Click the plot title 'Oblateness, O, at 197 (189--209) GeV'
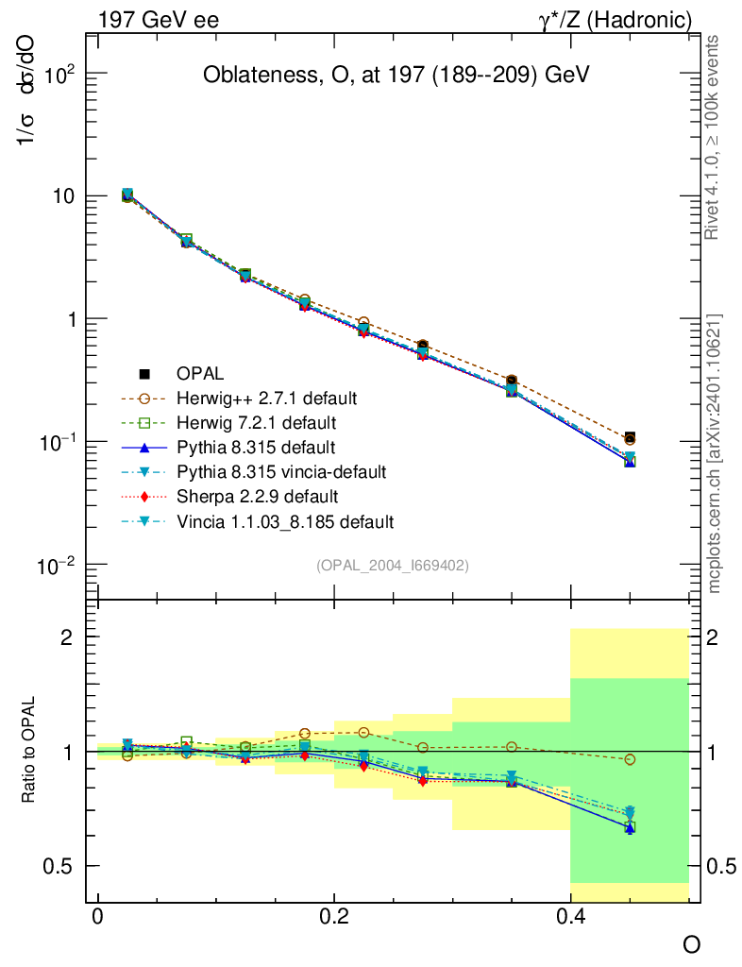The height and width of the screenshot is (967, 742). coord(396,76)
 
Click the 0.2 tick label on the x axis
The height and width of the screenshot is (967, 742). coord(333,917)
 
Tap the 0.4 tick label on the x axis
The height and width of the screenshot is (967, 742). coord(569,917)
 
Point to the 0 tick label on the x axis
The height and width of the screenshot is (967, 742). coord(97,917)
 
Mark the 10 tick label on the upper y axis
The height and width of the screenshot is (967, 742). coord(60,196)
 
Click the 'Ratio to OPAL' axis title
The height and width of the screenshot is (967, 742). coord(29,752)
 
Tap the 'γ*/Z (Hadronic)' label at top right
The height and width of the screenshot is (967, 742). coord(616,19)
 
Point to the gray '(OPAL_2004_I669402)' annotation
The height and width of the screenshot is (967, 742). coord(393,566)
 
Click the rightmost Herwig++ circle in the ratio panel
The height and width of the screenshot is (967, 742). coord(630,759)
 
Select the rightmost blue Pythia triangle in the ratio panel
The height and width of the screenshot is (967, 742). coord(630,827)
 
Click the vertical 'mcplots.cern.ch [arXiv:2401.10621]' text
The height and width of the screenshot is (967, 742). coord(715,453)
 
